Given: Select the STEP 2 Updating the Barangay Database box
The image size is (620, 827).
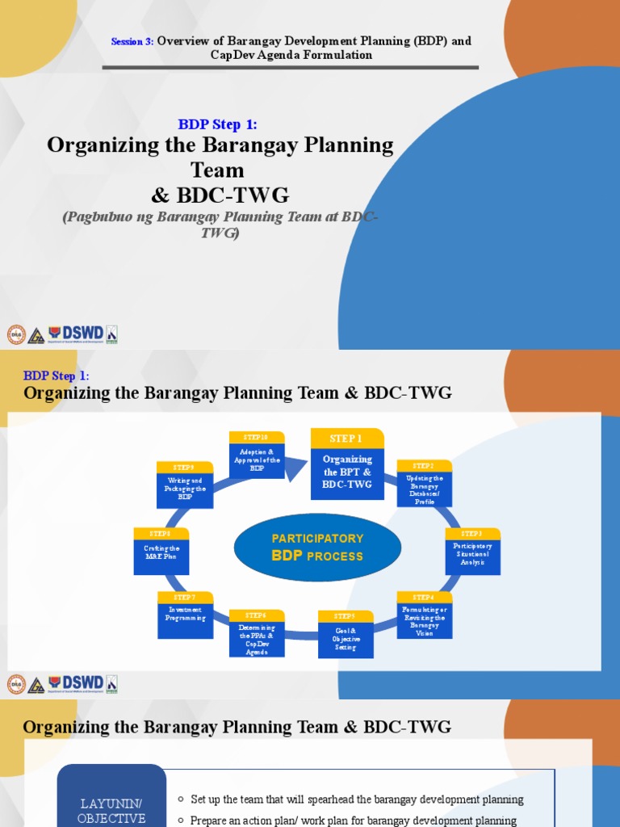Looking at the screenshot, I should [425, 484].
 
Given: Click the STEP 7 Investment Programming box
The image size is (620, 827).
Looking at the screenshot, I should [186, 615].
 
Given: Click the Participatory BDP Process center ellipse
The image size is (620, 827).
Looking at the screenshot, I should [317, 547].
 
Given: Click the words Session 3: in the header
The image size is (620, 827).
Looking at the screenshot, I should [132, 41].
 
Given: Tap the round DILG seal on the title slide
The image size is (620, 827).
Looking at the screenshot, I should [16, 334].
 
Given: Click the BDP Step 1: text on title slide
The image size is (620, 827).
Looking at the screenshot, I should [217, 124].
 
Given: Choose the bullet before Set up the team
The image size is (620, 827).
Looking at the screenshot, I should [181, 800].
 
